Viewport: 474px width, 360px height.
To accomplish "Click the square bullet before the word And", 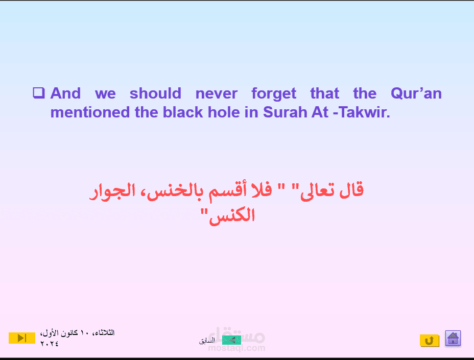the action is pyautogui.click(x=39, y=93).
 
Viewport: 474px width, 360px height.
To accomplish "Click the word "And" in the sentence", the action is pyautogui.click(x=65, y=93).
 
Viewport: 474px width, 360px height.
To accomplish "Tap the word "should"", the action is pyautogui.click(x=155, y=93).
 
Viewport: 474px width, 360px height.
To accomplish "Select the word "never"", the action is pyautogui.click(x=217, y=93).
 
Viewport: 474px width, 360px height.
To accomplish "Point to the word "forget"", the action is pyautogui.click(x=274, y=94).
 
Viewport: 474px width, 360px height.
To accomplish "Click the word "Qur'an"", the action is pyautogui.click(x=416, y=93).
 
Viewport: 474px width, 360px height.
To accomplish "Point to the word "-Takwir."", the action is pyautogui.click(x=362, y=112).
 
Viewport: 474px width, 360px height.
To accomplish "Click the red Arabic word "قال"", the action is pyautogui.click(x=351, y=190).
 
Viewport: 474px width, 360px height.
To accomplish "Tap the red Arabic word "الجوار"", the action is pyautogui.click(x=112, y=191).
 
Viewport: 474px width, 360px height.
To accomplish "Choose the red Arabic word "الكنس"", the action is pyautogui.click(x=232, y=215).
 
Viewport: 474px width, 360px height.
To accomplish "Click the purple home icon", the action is pyautogui.click(x=453, y=338).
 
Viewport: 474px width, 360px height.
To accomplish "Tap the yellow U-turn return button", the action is pyautogui.click(x=429, y=341).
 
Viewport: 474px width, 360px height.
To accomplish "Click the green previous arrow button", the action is pyautogui.click(x=231, y=340).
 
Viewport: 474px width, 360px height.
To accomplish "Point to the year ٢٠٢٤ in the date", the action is pyautogui.click(x=49, y=344).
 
